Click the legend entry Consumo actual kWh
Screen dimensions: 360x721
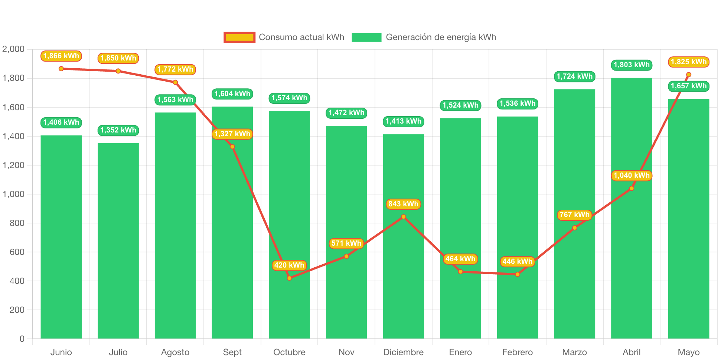[x=284, y=37]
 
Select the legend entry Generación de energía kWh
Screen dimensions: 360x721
[x=424, y=37]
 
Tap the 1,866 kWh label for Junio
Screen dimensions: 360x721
[x=61, y=56]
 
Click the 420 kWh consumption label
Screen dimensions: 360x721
[x=289, y=265]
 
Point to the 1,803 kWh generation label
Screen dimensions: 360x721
[x=632, y=65]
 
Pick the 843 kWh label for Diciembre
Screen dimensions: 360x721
[x=403, y=204]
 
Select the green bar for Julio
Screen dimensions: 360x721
[x=118, y=241]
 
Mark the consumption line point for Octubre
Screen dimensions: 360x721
[x=289, y=278]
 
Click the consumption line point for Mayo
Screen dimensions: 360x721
[x=689, y=75]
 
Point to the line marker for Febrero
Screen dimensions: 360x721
[x=518, y=274]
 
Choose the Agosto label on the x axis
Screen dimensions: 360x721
[x=175, y=352]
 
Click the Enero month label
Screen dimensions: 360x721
[x=460, y=352]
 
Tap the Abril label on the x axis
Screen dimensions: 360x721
[x=632, y=352]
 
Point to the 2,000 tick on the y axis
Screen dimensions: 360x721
[x=13, y=49]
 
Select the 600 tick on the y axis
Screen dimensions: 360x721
[x=17, y=252]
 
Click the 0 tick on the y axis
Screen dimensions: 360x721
[x=22, y=339]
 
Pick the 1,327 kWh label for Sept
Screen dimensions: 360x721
[x=232, y=134]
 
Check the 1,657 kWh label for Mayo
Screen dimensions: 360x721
[x=689, y=86]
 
